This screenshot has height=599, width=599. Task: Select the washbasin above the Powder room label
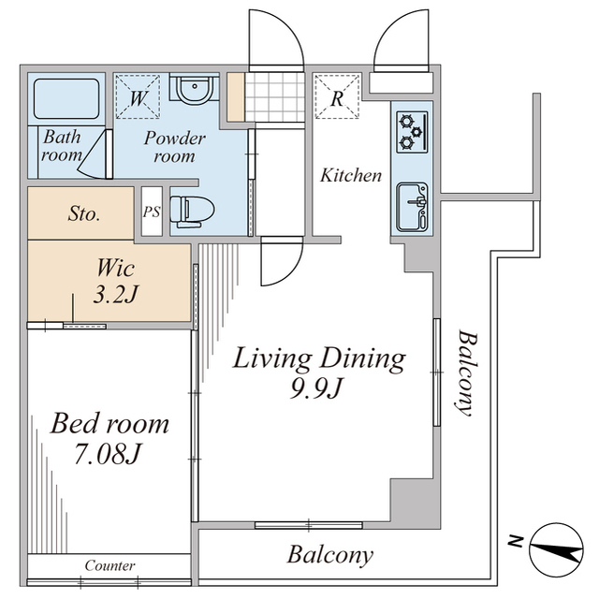coord(195,91)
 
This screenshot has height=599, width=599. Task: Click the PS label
coord(151,212)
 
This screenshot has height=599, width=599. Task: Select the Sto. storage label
coord(84,213)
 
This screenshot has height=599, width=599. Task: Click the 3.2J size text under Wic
coord(118,295)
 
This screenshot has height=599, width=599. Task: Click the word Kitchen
coord(351,175)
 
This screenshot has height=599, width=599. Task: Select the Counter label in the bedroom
coord(110,565)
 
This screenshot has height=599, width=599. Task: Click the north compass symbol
coord(555,550)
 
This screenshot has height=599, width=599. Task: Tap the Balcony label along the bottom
coord(329,555)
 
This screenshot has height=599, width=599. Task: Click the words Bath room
coord(61,146)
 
